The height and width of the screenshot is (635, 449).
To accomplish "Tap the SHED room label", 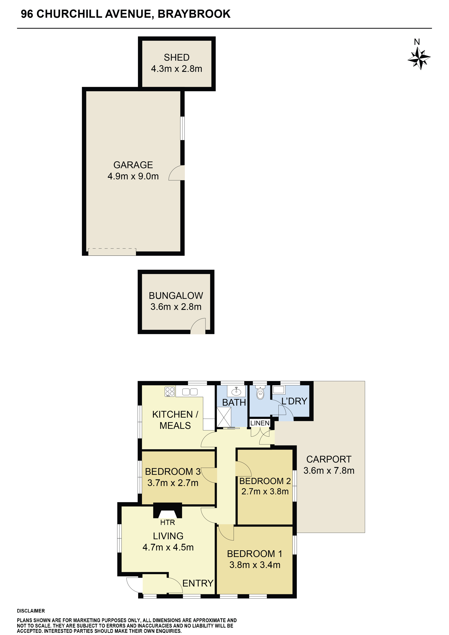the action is (x=177, y=58).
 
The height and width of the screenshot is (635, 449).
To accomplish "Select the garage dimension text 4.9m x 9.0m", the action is (x=133, y=176).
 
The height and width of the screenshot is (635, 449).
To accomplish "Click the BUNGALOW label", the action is (x=176, y=296).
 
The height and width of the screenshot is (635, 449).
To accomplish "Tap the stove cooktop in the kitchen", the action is (x=170, y=392).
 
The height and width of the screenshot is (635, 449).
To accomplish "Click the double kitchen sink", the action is (x=190, y=392).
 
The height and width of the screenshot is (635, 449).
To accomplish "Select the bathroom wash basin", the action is (x=236, y=391).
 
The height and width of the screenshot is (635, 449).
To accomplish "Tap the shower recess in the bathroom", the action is (x=224, y=417).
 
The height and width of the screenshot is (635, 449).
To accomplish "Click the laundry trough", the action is (x=279, y=390).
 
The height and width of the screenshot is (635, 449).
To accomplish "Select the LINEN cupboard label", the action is (x=260, y=423).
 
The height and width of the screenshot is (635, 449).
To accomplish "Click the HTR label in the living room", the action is (x=168, y=522).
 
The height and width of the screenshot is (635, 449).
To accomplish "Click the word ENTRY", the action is (x=198, y=583).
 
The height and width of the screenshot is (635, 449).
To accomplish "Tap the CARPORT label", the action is (x=329, y=459).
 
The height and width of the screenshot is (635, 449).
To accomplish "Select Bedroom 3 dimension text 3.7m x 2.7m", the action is (x=173, y=483).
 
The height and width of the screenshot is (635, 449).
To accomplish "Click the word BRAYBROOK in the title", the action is (x=194, y=14).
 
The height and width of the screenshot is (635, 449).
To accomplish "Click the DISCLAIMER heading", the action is (x=31, y=611).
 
